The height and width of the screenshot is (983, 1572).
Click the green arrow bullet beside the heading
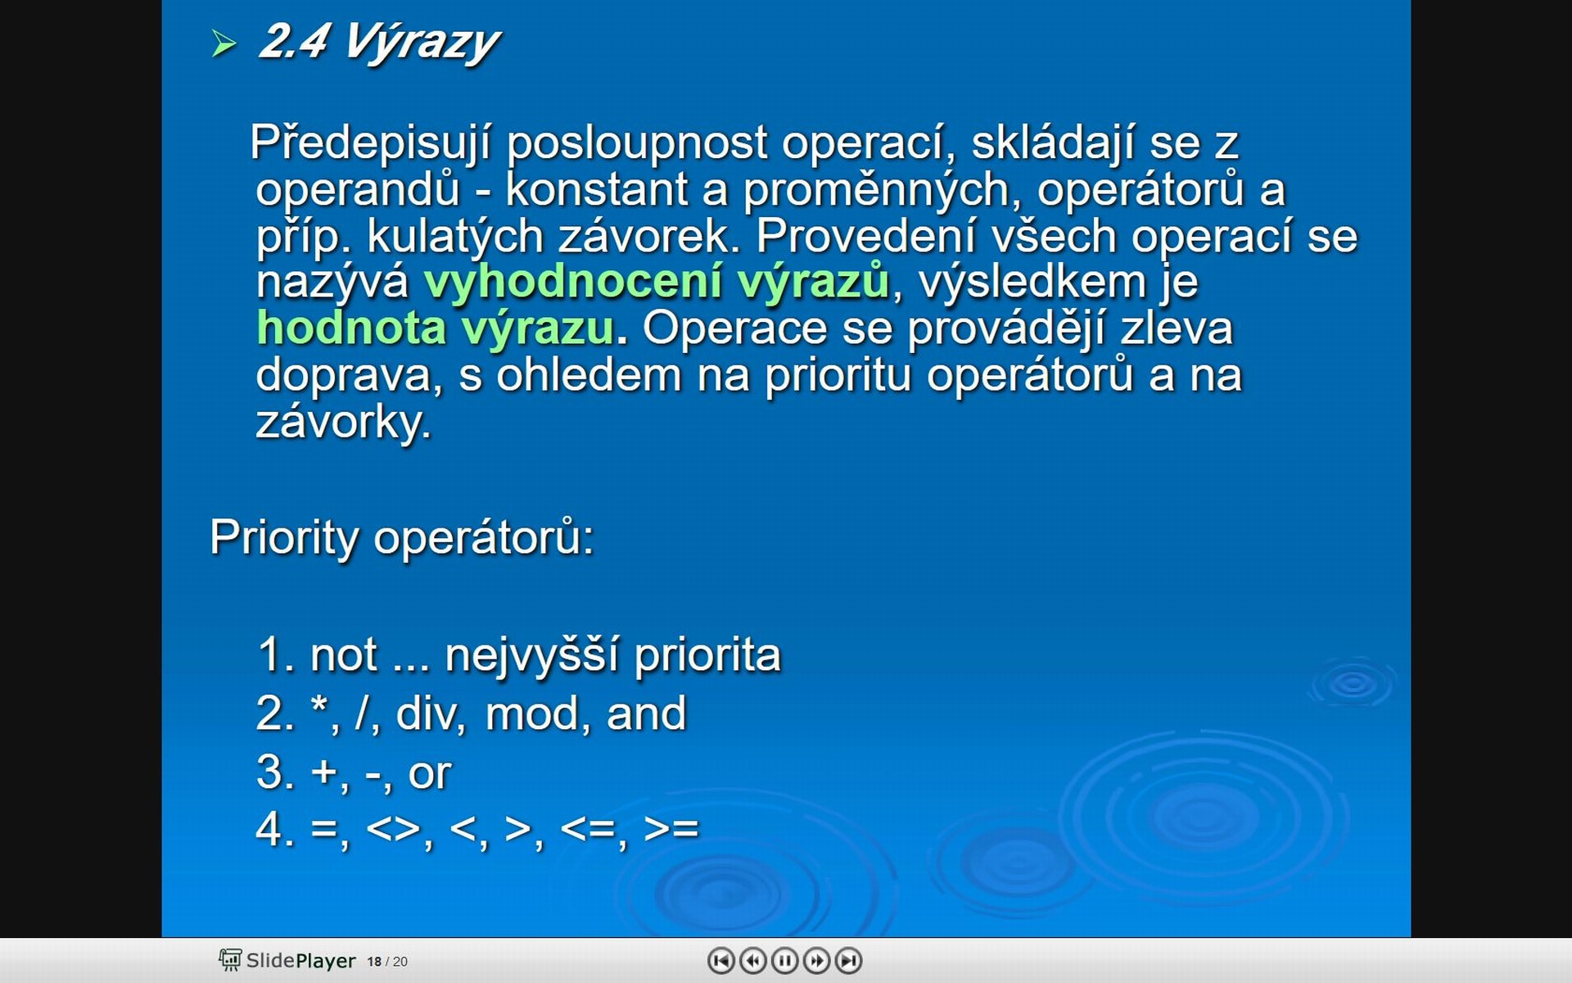(x=224, y=43)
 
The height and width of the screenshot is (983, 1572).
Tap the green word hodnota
(x=350, y=328)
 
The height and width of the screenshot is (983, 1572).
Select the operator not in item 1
(x=343, y=656)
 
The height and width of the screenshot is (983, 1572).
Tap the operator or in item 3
(x=429, y=773)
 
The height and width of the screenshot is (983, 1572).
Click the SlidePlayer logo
(x=287, y=960)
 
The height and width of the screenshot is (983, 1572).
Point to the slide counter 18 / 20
(x=387, y=962)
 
